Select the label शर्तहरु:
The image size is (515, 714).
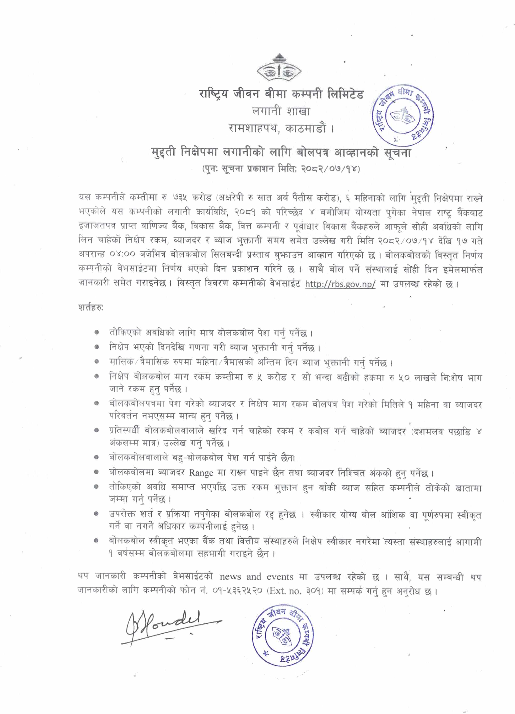[91, 308]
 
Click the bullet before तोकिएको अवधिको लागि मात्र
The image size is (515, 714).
[97, 333]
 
